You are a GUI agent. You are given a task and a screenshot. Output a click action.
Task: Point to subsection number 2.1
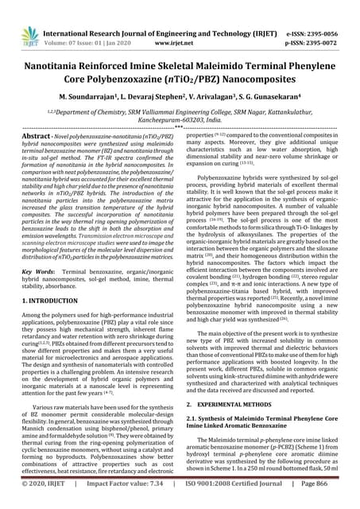tap(190, 419)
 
